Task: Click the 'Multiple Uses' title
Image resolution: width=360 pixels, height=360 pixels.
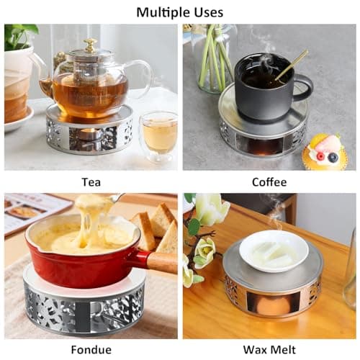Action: click(179, 12)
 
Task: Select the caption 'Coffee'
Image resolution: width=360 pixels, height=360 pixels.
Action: click(269, 182)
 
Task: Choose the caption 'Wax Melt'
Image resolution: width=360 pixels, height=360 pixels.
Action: click(269, 350)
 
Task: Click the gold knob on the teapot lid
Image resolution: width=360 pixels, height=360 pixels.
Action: click(90, 45)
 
